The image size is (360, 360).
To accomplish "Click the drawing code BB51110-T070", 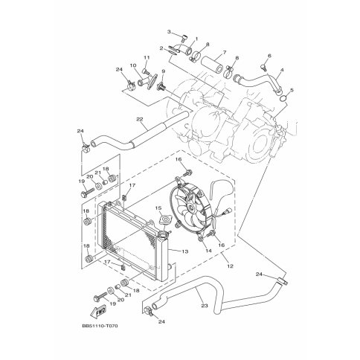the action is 100,326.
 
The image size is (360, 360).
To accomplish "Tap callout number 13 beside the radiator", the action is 185,251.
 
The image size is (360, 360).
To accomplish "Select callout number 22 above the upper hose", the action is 140,119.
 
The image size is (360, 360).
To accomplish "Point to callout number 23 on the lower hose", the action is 205,306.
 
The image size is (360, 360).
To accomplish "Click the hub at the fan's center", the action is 190,207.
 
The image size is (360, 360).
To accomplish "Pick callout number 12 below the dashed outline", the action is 230,266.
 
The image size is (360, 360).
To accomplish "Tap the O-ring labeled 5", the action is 284,99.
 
